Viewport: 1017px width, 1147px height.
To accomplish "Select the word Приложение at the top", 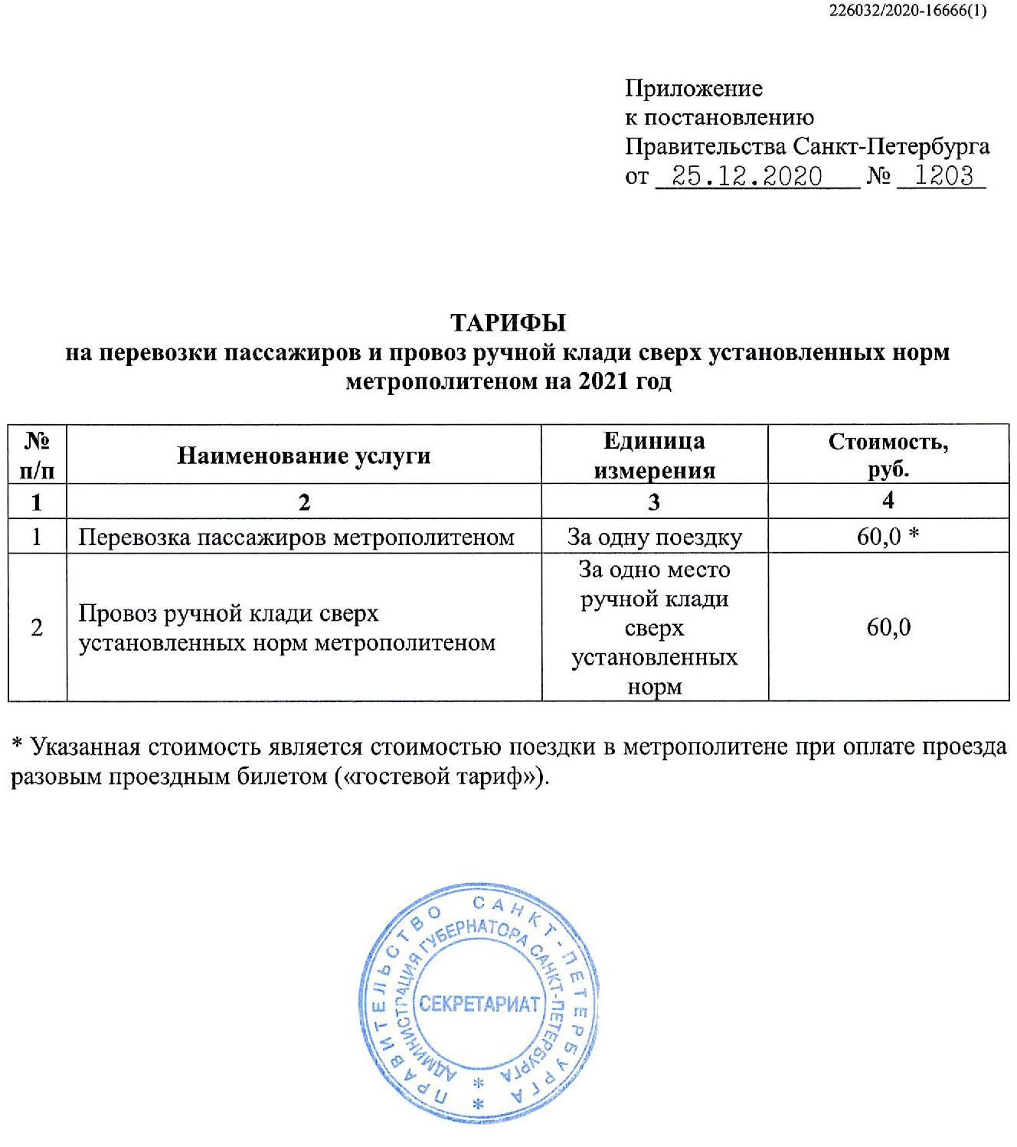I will click(694, 88).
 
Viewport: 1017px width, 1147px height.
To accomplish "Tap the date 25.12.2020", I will click(745, 176).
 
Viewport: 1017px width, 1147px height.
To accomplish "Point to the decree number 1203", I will click(943, 176).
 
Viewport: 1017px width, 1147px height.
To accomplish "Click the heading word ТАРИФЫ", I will click(508, 322).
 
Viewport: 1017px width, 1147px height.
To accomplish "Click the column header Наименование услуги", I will click(304, 456).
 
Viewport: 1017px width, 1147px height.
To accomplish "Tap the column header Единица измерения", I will click(654, 455).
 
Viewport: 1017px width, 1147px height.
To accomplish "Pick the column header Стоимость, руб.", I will click(888, 455).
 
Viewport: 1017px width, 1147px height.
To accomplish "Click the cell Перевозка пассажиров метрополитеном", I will click(296, 537).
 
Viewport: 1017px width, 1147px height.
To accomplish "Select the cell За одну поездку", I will click(654, 537).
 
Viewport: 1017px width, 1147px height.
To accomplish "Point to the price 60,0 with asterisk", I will click(888, 536).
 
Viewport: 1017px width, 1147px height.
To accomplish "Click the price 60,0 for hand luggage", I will click(888, 627).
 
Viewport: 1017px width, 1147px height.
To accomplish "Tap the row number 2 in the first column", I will click(37, 627).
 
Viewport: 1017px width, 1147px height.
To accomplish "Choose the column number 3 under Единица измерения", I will click(654, 502).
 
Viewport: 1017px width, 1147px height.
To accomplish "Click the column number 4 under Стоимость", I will click(888, 501).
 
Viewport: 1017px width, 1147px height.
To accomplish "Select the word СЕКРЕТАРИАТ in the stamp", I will click(480, 1004).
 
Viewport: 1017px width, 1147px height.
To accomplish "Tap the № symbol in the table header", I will click(37, 440).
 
